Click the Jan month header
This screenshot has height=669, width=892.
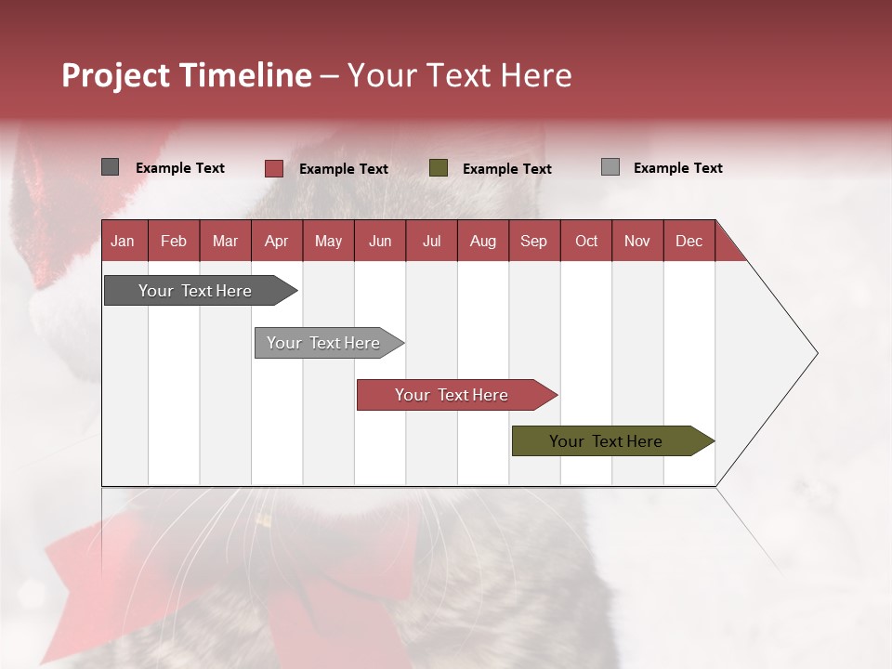point(124,241)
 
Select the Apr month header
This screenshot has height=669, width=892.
point(277,241)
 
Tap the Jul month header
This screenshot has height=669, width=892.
point(431,241)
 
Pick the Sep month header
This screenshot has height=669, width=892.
point(534,241)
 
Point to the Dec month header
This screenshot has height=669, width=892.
point(689,241)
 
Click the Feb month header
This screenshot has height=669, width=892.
point(174,241)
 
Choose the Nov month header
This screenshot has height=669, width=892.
point(637,241)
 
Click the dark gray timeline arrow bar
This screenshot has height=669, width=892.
point(195,291)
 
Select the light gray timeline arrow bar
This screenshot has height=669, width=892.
point(323,343)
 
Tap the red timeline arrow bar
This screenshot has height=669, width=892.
point(452,395)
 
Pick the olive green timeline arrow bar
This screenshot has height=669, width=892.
point(606,441)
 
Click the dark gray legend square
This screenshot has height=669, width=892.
point(110,167)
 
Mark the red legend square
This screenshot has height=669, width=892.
point(274,168)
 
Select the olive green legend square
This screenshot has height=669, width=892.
point(439,168)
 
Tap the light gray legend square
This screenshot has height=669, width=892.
point(610,167)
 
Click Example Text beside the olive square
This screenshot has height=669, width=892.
point(506,169)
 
